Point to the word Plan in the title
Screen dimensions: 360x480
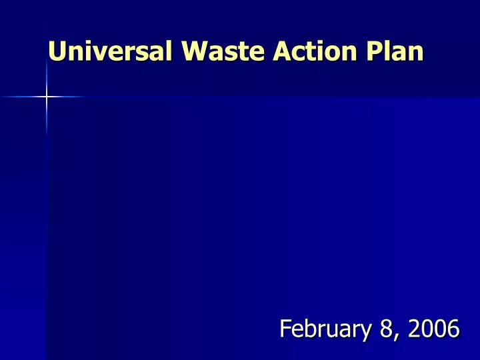point(391,52)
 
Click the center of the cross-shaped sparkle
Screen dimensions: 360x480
point(47,97)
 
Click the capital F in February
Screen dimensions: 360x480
point(285,328)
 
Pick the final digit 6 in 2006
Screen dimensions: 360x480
point(453,328)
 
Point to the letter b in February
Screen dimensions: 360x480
point(313,328)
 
